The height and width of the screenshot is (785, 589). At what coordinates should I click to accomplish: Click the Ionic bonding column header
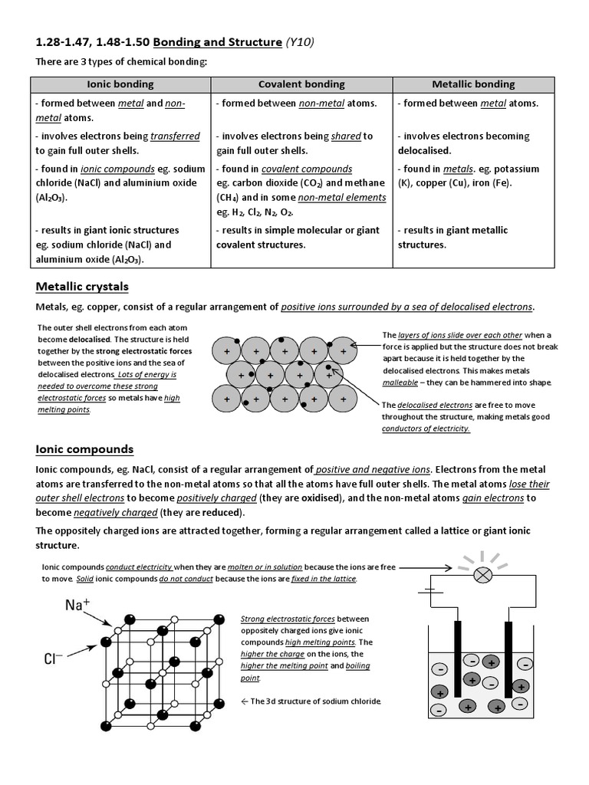120,84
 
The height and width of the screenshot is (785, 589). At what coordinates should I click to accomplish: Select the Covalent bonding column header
301,84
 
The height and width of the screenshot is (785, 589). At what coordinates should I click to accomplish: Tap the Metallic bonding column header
473,84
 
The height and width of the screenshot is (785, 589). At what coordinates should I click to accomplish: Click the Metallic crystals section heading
82,287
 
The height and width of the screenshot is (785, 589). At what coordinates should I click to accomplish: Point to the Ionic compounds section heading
85,449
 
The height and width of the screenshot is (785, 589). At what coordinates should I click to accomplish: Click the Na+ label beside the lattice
77,605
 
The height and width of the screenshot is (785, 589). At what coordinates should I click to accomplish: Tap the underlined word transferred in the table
175,136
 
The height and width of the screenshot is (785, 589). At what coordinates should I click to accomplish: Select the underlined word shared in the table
346,136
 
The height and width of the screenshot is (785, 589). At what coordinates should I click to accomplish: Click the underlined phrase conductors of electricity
426,429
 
